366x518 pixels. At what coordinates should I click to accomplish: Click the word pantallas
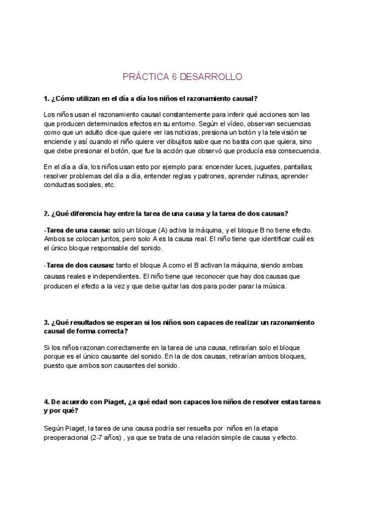pyautogui.click(x=295, y=167)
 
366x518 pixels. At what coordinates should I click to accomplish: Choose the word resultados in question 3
pyautogui.click(x=86, y=322)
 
